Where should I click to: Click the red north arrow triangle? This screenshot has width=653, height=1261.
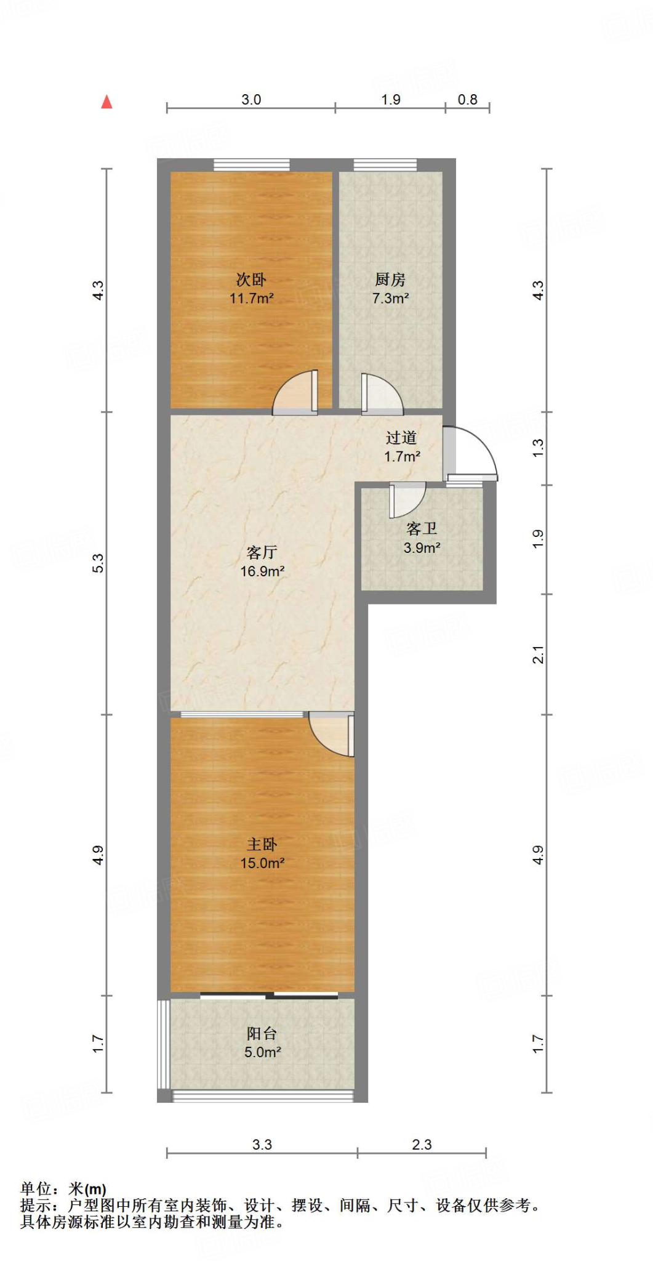point(107,102)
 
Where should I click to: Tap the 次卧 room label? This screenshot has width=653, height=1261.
point(251,280)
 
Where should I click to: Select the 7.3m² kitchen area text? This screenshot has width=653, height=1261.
point(391,299)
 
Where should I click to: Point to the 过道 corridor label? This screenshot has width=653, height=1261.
point(401,438)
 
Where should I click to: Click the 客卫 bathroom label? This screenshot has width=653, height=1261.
point(422,529)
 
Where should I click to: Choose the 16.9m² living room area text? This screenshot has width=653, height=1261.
point(262,571)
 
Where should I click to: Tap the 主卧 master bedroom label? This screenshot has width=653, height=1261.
point(262,844)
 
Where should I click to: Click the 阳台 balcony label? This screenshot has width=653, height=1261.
point(262,1033)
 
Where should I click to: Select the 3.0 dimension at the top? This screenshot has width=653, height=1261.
point(251,100)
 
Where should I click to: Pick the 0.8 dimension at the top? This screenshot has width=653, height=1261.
point(468,100)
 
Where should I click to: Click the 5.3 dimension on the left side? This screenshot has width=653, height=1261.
point(98,563)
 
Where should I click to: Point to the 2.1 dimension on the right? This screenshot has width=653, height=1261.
point(539,655)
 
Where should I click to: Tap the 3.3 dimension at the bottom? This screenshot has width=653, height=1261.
point(262,1145)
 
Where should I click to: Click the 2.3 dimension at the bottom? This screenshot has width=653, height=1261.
point(422,1145)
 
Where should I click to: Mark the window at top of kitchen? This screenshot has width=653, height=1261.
point(385,164)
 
